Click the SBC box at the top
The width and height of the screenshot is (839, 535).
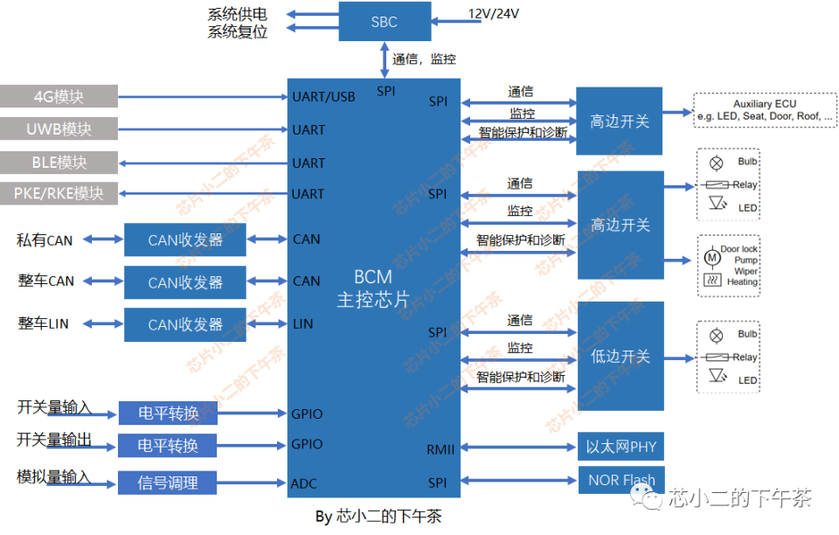[385, 22]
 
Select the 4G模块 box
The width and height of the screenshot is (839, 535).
[59, 96]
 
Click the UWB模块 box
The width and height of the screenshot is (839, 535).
[59, 129]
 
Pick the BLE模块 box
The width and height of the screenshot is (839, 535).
[59, 163]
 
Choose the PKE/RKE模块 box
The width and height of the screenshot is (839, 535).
[59, 193]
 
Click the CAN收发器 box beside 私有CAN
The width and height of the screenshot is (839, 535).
[184, 240]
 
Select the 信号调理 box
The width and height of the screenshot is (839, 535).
[168, 483]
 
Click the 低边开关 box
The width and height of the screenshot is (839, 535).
[620, 356]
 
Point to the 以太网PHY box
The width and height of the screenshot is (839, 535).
[621, 447]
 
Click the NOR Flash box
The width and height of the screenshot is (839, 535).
[621, 480]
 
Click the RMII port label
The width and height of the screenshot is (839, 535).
[440, 449]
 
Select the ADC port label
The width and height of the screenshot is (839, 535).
[304, 483]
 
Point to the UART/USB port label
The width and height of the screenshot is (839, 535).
[323, 97]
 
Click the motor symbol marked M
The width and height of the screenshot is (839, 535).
[711, 258]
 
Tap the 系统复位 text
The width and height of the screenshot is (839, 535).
[238, 32]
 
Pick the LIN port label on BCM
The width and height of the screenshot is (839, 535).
[303, 324]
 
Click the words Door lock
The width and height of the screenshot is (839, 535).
[738, 249]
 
